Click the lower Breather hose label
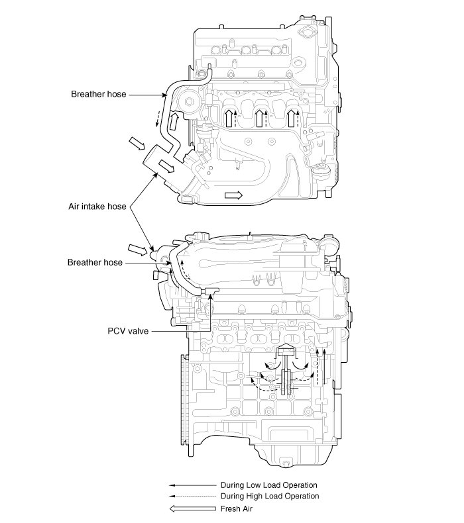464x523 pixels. tap(95, 263)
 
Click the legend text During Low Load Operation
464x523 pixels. tap(269, 485)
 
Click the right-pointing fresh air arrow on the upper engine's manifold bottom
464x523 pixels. tap(234, 195)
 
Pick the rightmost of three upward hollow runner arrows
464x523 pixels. tap(291, 119)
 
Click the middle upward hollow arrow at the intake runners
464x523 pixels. tap(259, 119)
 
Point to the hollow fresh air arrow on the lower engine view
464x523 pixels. tap(137, 250)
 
